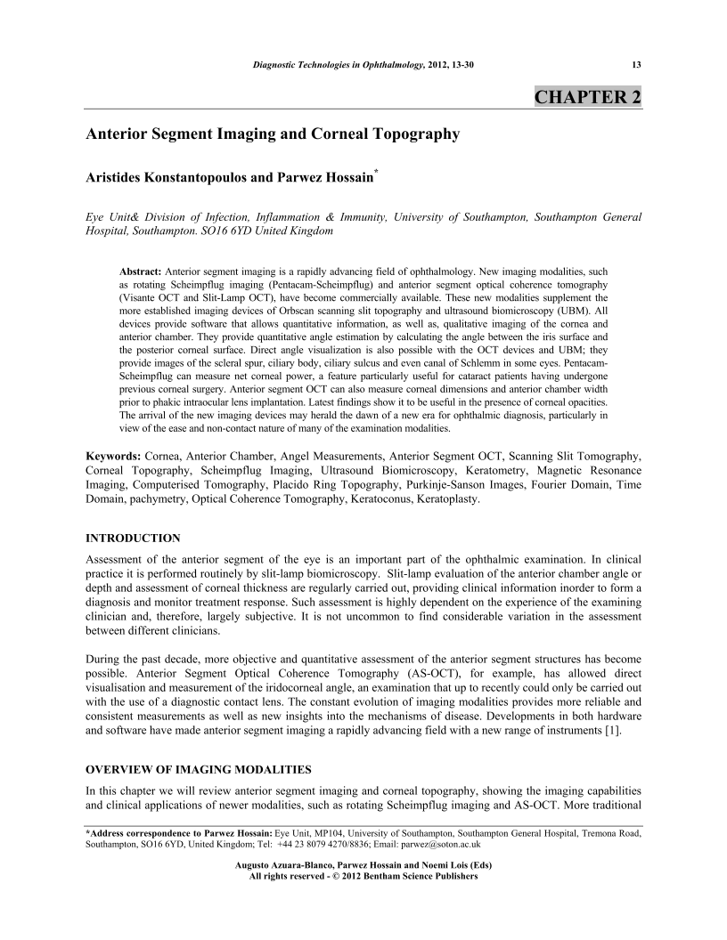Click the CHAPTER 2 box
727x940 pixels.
[x=586, y=96]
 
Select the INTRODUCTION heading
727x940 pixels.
[x=133, y=539]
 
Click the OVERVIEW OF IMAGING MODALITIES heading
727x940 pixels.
[x=198, y=769]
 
